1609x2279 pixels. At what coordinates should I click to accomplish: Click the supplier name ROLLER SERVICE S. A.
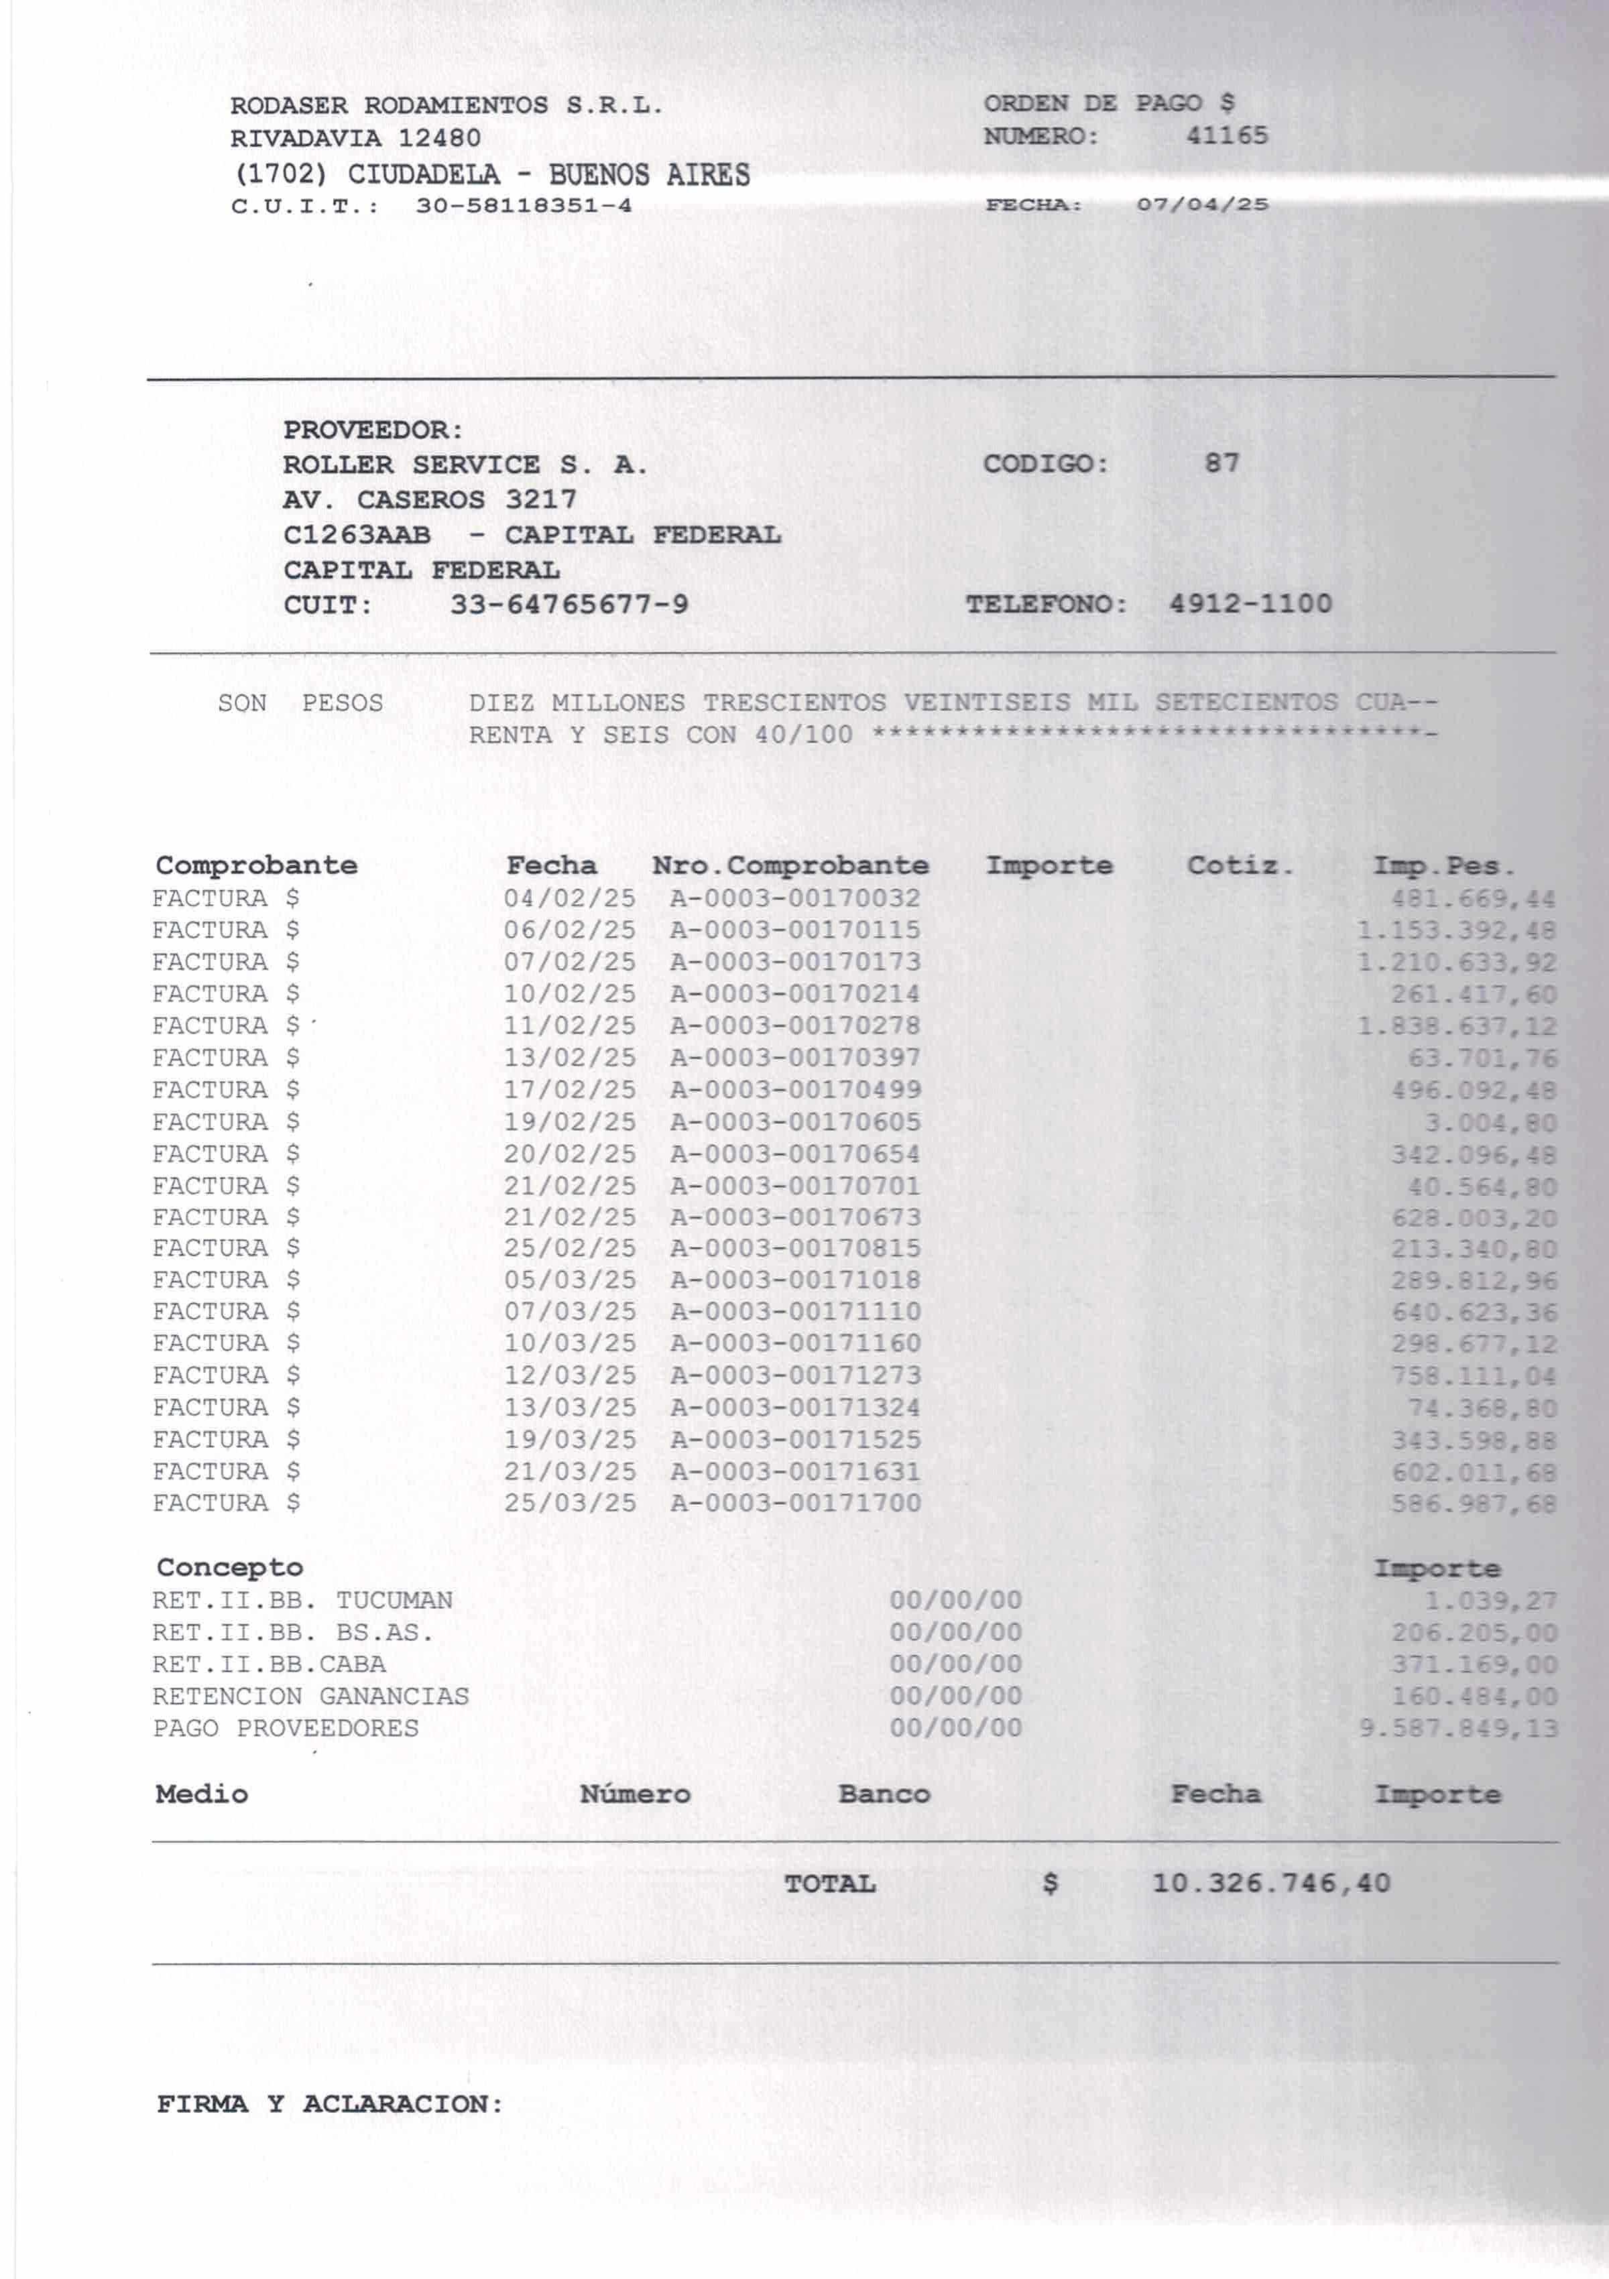(x=465, y=465)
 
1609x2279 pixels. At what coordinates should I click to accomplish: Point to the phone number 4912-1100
(x=1250, y=603)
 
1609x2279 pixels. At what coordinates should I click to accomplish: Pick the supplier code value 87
(x=1222, y=464)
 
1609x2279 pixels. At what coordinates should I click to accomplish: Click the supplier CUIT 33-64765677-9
(x=569, y=605)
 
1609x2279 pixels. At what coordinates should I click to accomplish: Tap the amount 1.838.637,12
(x=1456, y=1026)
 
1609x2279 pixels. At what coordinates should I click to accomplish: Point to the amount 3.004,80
(x=1490, y=1123)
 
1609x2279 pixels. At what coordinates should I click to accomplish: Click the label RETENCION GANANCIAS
(x=310, y=1697)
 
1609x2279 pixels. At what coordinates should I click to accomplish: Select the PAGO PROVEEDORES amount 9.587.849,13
(x=1457, y=1729)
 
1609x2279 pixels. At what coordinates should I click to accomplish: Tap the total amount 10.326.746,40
(x=1270, y=1883)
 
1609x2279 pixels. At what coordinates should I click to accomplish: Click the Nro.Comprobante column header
(x=790, y=865)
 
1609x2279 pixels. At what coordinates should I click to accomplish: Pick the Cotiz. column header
(x=1240, y=865)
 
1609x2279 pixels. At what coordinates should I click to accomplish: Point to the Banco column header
(x=884, y=1794)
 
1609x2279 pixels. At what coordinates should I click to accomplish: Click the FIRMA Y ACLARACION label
(x=330, y=2104)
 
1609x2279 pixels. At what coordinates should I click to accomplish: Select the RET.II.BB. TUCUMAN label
(x=302, y=1600)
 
